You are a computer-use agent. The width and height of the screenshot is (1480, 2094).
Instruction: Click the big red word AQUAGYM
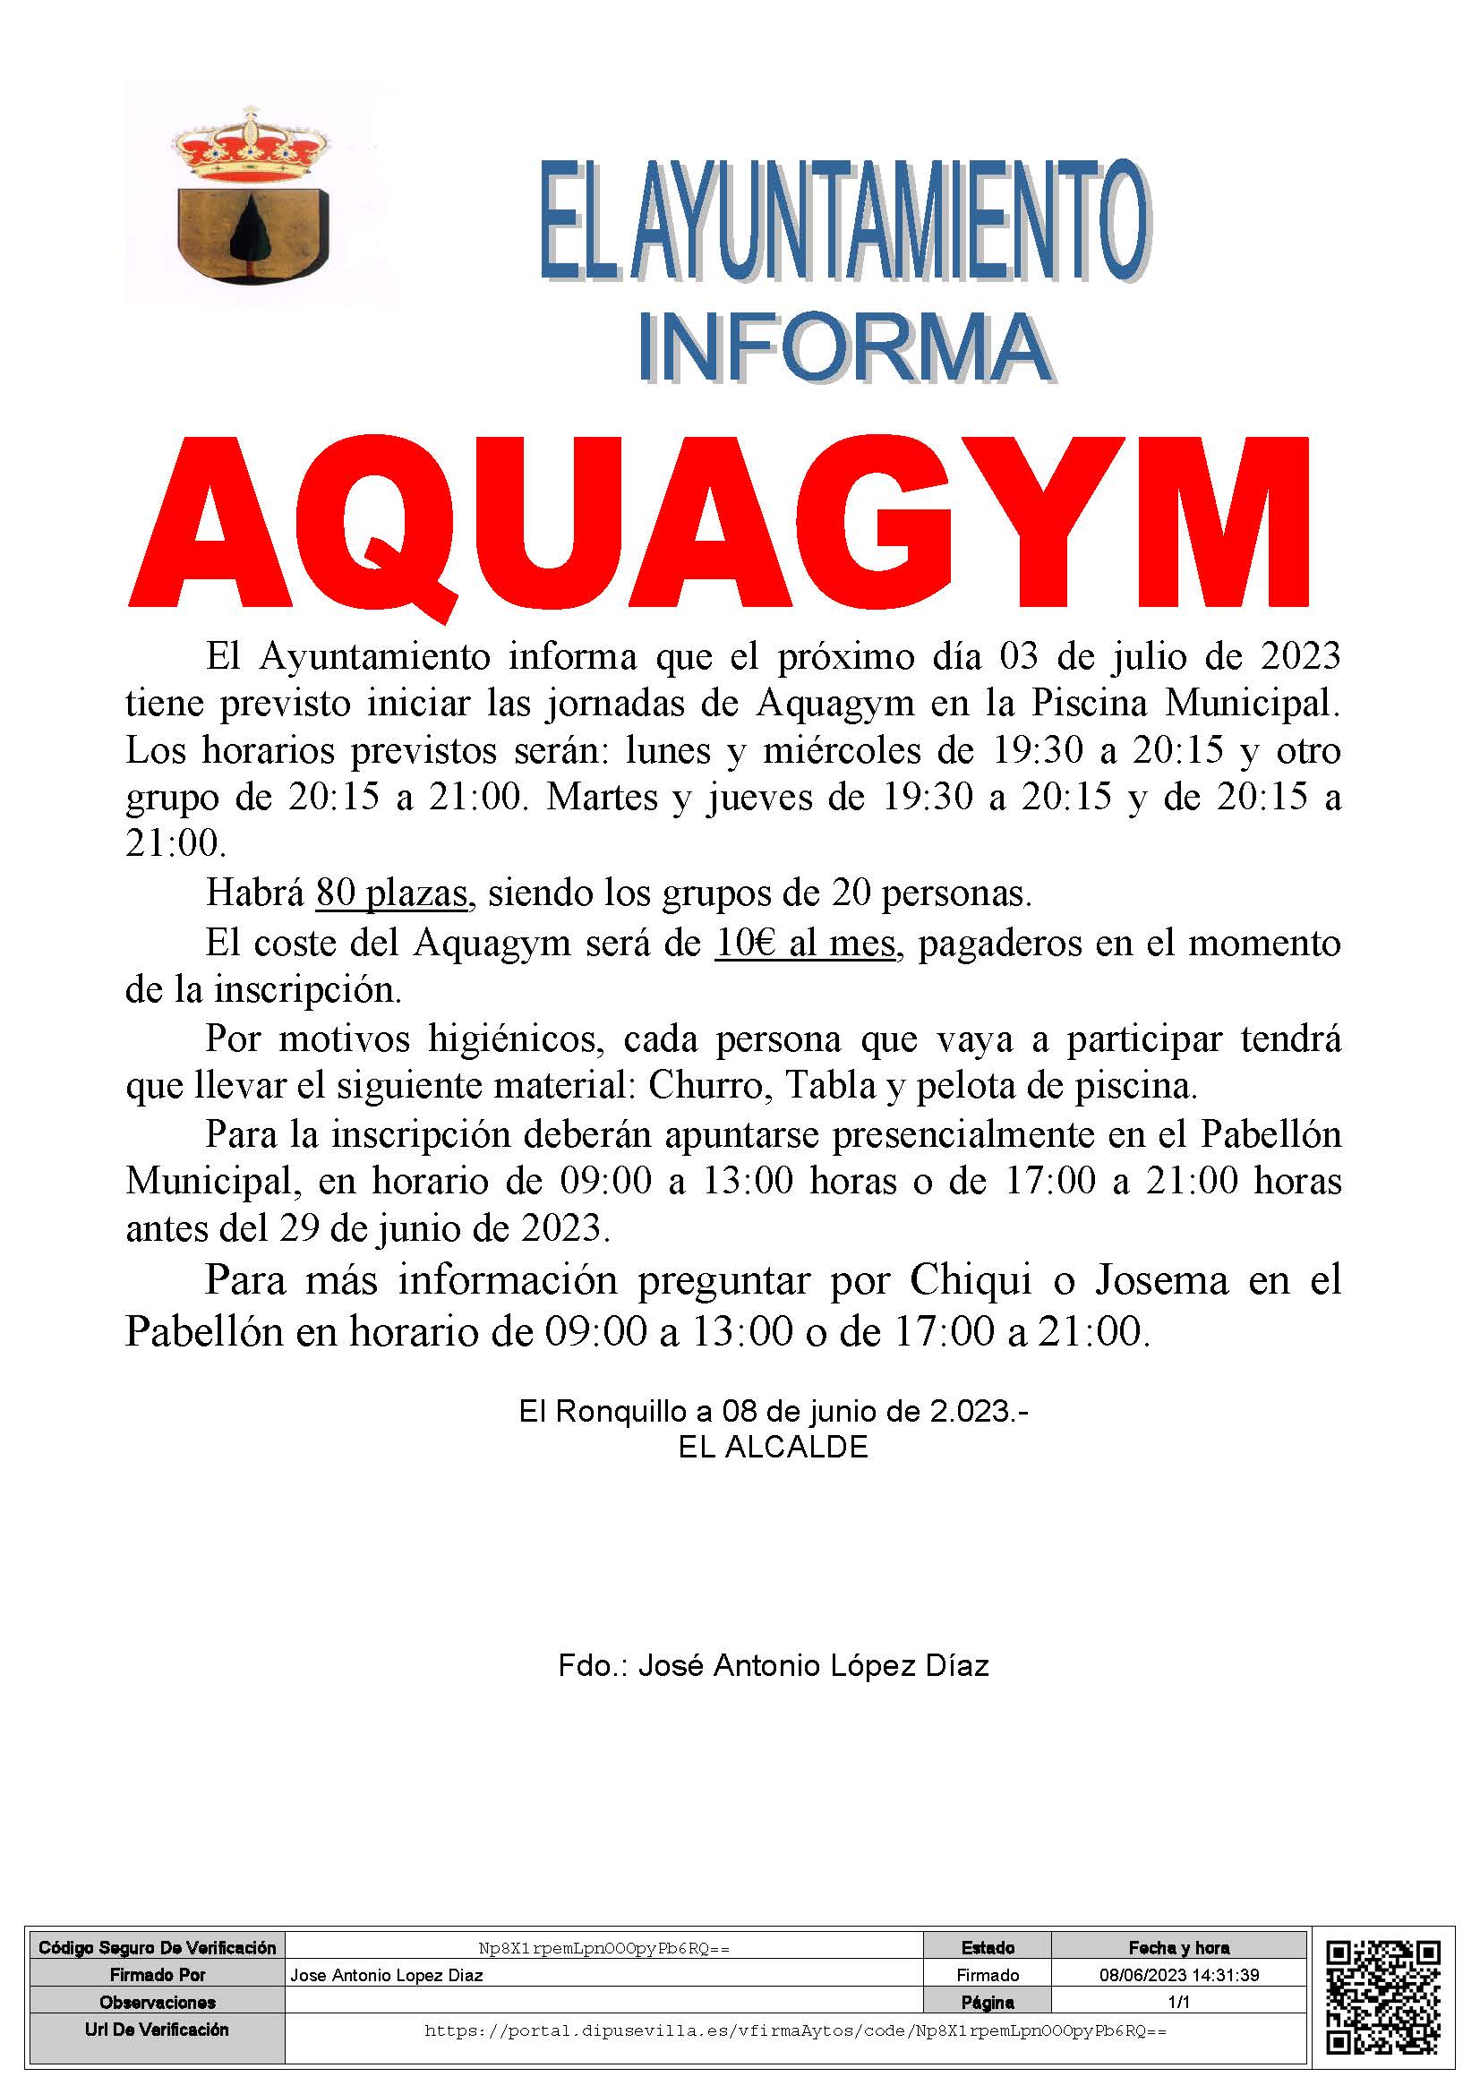[x=719, y=522]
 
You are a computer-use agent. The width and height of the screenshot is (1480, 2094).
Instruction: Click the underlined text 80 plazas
[x=391, y=893]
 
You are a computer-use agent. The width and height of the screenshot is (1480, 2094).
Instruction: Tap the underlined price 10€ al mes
[x=804, y=942]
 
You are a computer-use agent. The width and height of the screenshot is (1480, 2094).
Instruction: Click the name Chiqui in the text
[x=971, y=1280]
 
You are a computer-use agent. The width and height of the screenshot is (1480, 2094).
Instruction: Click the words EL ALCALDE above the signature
[x=773, y=1448]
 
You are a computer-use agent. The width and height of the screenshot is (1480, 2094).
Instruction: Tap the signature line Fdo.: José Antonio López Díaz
[x=774, y=1666]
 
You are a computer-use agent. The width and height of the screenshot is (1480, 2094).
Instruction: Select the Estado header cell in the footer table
[x=988, y=1948]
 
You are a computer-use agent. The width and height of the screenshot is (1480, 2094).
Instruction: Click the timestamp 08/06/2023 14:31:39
[x=1179, y=1975]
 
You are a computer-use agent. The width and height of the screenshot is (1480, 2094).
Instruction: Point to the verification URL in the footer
[x=795, y=2031]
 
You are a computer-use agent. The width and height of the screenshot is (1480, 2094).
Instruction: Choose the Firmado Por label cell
[x=157, y=1975]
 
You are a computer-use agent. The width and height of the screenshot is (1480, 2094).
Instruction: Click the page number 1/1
[x=1179, y=2002]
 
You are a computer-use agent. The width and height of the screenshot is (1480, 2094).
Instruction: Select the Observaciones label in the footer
[x=157, y=2002]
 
